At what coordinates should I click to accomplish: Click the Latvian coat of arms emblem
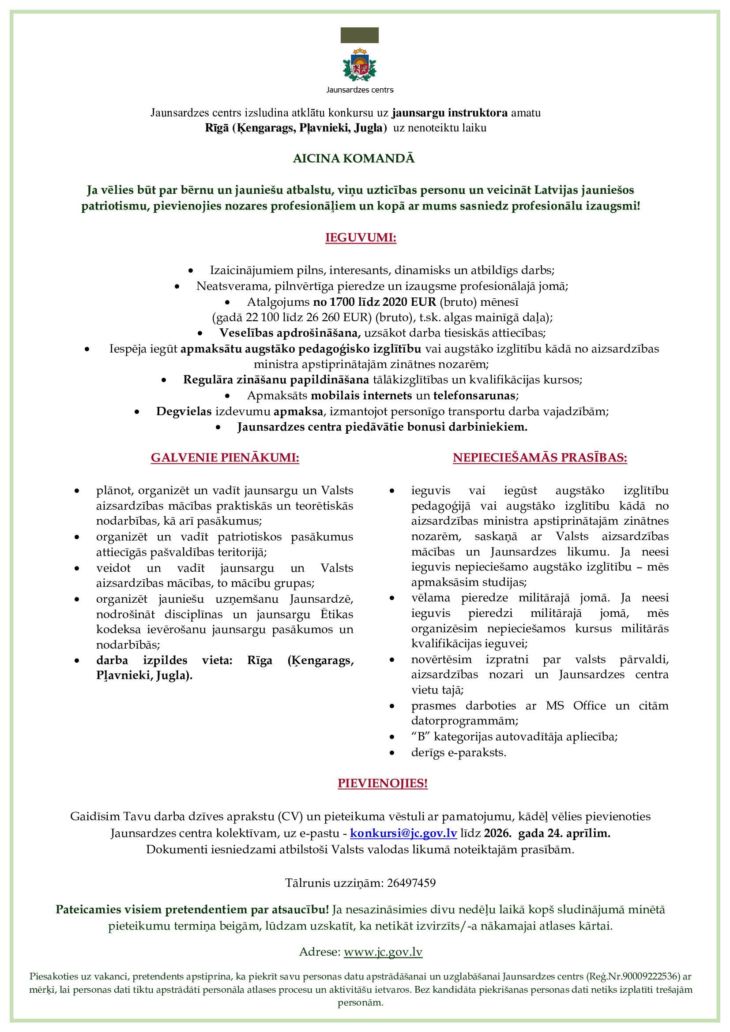(x=360, y=66)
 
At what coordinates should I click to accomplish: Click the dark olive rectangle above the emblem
(x=359, y=35)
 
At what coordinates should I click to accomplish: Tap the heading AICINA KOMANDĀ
(x=354, y=159)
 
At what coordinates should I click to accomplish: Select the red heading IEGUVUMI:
(x=361, y=238)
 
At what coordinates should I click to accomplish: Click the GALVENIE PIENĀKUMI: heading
(x=225, y=458)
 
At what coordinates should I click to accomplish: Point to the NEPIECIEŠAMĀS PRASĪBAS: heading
(x=539, y=458)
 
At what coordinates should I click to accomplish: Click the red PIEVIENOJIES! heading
(x=383, y=784)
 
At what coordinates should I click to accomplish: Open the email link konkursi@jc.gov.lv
(x=403, y=833)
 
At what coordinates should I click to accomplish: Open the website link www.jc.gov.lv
(x=383, y=952)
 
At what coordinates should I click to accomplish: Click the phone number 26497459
(x=411, y=883)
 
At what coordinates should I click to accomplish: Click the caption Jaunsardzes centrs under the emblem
(x=360, y=90)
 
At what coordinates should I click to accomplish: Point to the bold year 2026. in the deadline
(x=497, y=833)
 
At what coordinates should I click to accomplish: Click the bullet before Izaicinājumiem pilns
(x=191, y=270)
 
